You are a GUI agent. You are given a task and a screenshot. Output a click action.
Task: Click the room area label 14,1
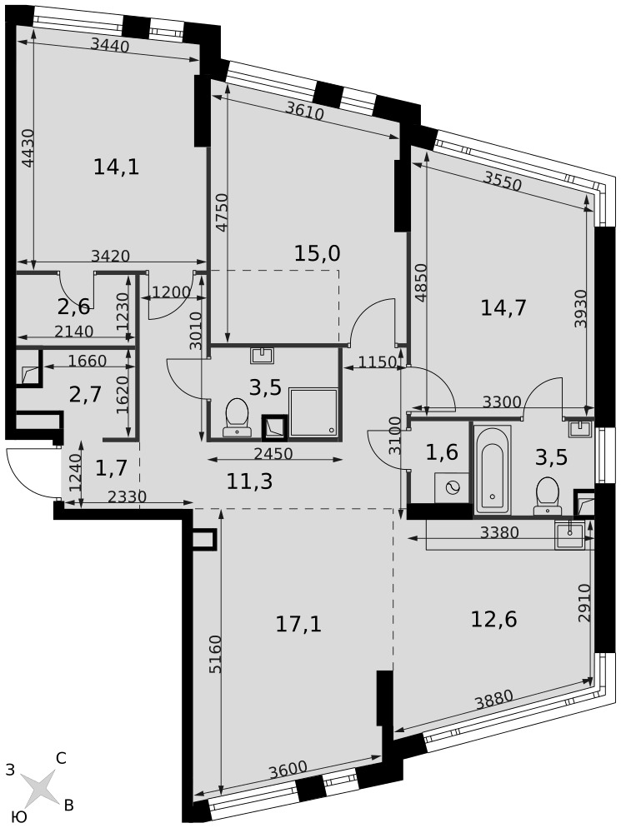(116, 167)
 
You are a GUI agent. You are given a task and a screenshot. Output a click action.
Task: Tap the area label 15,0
(318, 253)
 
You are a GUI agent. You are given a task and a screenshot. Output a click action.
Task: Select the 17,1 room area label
(298, 624)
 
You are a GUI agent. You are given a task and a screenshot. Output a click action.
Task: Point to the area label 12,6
(494, 619)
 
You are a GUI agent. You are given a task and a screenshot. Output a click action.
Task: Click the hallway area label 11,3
(249, 481)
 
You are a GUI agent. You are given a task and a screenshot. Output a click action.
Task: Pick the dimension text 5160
(215, 654)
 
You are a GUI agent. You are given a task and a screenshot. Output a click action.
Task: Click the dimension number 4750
(222, 212)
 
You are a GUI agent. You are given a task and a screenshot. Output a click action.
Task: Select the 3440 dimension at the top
(110, 46)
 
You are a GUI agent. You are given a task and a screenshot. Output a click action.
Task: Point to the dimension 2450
(273, 453)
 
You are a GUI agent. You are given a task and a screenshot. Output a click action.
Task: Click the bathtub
(493, 469)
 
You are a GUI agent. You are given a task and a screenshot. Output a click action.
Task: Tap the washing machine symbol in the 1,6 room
(452, 487)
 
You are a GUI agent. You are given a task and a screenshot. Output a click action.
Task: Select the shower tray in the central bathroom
(313, 413)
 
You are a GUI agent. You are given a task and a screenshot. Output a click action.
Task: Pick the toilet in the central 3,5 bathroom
(237, 417)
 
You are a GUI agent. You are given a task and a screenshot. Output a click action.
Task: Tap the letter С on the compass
(61, 759)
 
